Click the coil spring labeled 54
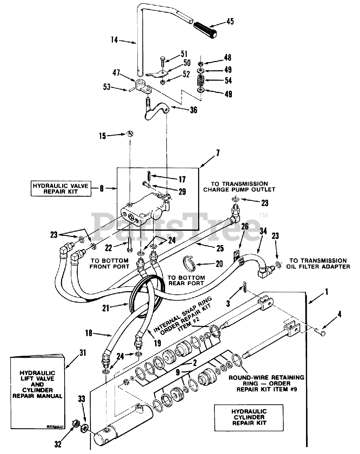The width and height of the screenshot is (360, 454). [201, 80]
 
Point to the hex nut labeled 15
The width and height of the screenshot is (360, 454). [130, 134]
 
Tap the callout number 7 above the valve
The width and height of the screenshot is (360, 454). [217, 154]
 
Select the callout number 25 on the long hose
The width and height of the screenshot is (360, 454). [220, 248]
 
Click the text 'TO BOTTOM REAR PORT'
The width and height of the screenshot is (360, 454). [186, 280]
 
